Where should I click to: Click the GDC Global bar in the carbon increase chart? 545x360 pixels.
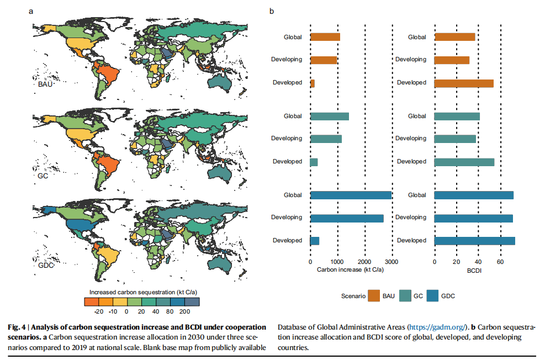[351, 195]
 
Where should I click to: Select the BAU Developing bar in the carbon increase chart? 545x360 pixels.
[324, 60]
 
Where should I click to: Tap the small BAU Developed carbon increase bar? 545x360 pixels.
[313, 83]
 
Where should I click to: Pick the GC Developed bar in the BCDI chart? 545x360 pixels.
[464, 162]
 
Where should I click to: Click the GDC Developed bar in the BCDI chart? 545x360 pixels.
[475, 241]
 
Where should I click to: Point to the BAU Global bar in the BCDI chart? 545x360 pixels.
[455, 37]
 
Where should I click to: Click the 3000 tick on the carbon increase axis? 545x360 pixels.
[391, 262]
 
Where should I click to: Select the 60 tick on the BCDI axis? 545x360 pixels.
[500, 262]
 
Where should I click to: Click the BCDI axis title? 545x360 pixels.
[474, 269]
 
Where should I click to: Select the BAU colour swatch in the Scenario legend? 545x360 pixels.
[374, 297]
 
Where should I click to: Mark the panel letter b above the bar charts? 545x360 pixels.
[272, 10]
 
